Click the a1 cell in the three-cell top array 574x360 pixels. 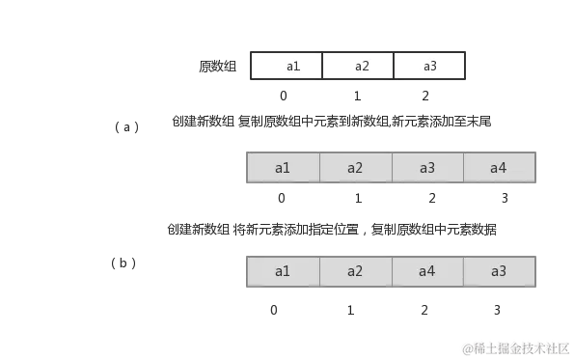tap(287, 66)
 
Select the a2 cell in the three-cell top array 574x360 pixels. tap(358, 66)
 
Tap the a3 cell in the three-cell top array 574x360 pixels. tap(429, 66)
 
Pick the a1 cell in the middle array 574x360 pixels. tap(283, 168)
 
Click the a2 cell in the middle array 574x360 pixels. tap(355, 168)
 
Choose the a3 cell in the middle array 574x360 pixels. tap(427, 168)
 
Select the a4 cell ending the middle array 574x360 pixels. tap(499, 168)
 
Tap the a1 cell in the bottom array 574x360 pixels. tap(283, 271)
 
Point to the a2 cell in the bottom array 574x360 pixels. tap(355, 271)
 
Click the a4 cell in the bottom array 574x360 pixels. tap(427, 271)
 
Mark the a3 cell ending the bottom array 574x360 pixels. tap(499, 271)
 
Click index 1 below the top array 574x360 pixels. tap(358, 95)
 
